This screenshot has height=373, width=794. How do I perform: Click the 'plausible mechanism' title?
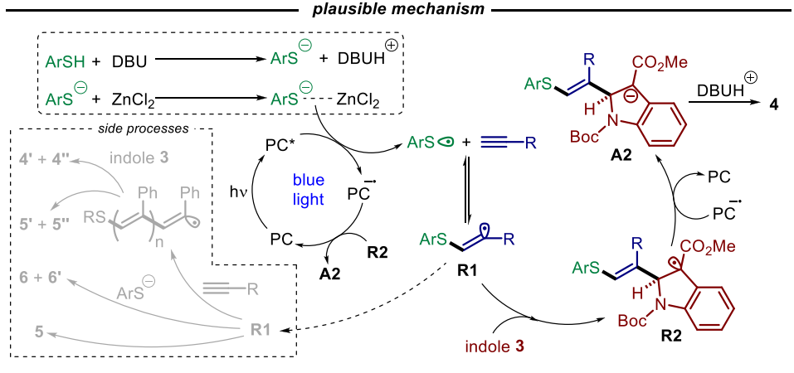tap(397, 9)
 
